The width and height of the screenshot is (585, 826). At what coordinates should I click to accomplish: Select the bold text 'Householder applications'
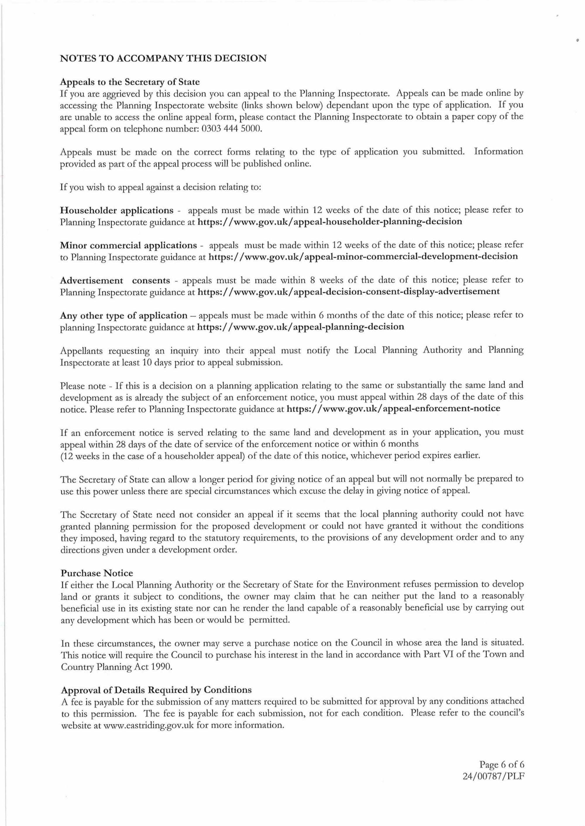[116, 210]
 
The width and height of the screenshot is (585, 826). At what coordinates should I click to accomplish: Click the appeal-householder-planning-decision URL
[330, 221]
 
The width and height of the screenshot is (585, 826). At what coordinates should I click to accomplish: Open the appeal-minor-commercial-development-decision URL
[363, 257]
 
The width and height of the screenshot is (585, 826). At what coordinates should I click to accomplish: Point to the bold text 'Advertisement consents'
[115, 280]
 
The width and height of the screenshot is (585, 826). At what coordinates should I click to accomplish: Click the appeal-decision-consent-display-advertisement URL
[348, 291]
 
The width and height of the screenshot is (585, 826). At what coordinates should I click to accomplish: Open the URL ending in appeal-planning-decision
[300, 327]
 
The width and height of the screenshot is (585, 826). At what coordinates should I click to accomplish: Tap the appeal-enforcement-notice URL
[393, 408]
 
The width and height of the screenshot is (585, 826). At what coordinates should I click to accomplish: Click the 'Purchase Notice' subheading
[97, 573]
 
